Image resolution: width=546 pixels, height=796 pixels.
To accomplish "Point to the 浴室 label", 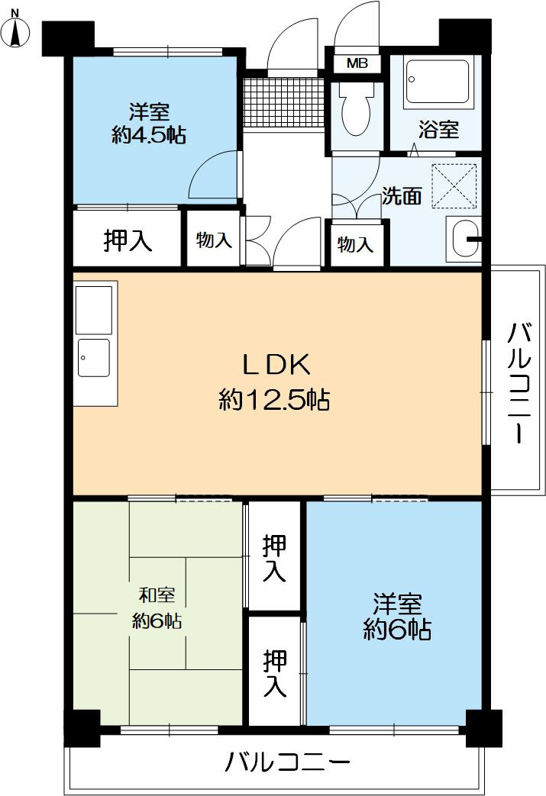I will pos(438,130).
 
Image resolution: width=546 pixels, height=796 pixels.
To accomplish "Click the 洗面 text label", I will pos(402,196).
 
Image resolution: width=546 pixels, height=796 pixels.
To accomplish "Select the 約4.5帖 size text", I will pos(149,135).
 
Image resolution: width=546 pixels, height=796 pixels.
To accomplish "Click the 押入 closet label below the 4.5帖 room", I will pos(128,240).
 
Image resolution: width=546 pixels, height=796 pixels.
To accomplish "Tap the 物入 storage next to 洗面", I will pos(355,244).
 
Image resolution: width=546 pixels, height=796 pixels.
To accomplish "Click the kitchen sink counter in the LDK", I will pos(95,343).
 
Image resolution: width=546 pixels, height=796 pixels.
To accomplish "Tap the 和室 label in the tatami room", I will pos(157,595).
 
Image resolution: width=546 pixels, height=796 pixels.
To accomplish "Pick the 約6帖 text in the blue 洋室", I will pos(396,630).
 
